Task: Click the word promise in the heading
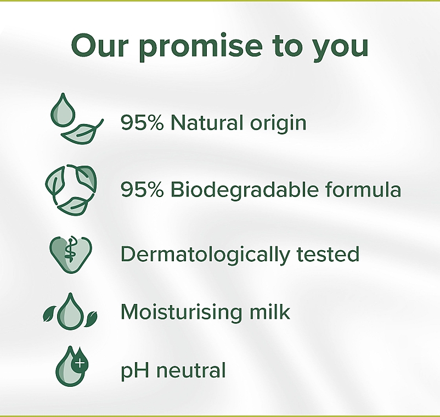(x=201, y=47)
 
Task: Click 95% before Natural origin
(x=142, y=122)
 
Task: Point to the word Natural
(x=207, y=122)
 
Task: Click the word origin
(x=278, y=123)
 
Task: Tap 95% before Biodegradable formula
(x=142, y=189)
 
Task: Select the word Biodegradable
(x=244, y=190)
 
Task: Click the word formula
(x=363, y=189)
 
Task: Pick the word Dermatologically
(x=205, y=255)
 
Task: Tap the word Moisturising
(x=181, y=313)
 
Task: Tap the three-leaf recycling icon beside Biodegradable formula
(x=71, y=190)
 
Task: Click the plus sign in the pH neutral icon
(x=80, y=363)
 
